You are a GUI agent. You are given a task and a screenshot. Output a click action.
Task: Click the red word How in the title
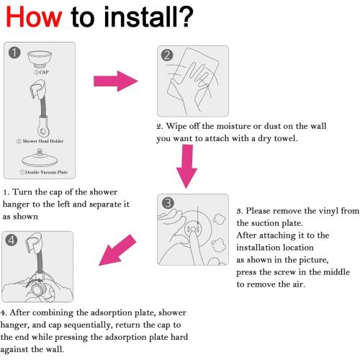point(34,17)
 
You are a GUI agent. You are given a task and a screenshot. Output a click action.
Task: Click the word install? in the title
point(148,17)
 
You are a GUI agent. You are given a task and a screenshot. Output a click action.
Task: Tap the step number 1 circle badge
point(14,53)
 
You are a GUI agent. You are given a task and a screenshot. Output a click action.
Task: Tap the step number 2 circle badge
point(167,55)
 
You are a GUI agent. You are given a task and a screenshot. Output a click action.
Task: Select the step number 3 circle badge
point(168,203)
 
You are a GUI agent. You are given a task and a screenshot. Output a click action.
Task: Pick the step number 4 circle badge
point(12,240)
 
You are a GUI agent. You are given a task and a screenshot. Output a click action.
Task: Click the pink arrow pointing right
point(116,81)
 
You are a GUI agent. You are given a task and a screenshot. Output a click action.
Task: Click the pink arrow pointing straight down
point(186,166)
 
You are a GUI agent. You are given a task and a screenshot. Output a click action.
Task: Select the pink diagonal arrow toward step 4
point(117,251)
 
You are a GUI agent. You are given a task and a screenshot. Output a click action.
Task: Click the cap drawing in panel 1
point(40,59)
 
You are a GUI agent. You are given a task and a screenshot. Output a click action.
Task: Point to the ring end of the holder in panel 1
point(43,131)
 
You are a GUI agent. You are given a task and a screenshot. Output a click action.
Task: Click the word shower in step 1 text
point(104,192)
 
